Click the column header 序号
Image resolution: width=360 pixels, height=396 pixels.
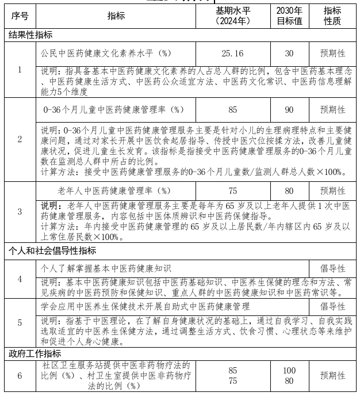pos(20,16)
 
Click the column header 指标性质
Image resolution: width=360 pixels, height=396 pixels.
pos(332,16)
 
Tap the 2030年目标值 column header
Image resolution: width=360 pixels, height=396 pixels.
pos(289,16)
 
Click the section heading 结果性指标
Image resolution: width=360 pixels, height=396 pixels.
pos(30,35)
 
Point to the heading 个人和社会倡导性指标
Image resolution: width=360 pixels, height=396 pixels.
pos(52,251)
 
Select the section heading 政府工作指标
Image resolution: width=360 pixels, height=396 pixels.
pos(35,353)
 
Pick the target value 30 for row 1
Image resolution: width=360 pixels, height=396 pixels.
pos(289,53)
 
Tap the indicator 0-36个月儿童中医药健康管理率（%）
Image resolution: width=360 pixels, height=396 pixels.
pos(114,109)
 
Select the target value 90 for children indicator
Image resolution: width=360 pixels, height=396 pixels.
pos(289,109)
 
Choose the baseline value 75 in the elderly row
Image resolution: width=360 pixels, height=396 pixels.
pos(232,191)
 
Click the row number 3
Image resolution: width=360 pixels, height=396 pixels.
pos(20,212)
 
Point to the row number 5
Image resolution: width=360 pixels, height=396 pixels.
pos(20,323)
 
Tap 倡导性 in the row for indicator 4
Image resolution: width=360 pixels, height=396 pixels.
pos(332,268)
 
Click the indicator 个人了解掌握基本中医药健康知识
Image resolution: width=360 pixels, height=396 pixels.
pos(106,268)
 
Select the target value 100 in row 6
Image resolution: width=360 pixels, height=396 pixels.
pos(289,370)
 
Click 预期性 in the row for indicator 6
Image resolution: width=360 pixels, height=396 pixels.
pos(332,375)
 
